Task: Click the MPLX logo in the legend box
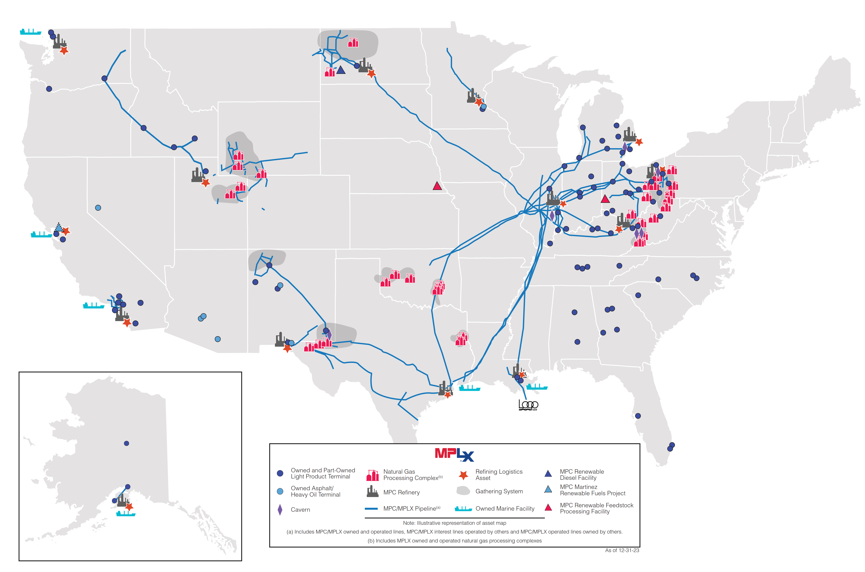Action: coord(454,455)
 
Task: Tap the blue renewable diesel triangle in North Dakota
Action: coord(341,70)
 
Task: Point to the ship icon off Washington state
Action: coord(30,32)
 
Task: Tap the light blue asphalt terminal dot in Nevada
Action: coord(98,208)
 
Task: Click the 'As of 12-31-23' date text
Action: coord(622,550)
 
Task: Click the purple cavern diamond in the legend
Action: coord(280,510)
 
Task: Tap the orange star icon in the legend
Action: coord(463,475)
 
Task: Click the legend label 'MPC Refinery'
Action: coord(402,492)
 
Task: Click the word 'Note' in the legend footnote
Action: coord(409,523)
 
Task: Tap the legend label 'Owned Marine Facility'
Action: coord(505,509)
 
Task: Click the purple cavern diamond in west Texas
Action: coord(329,334)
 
